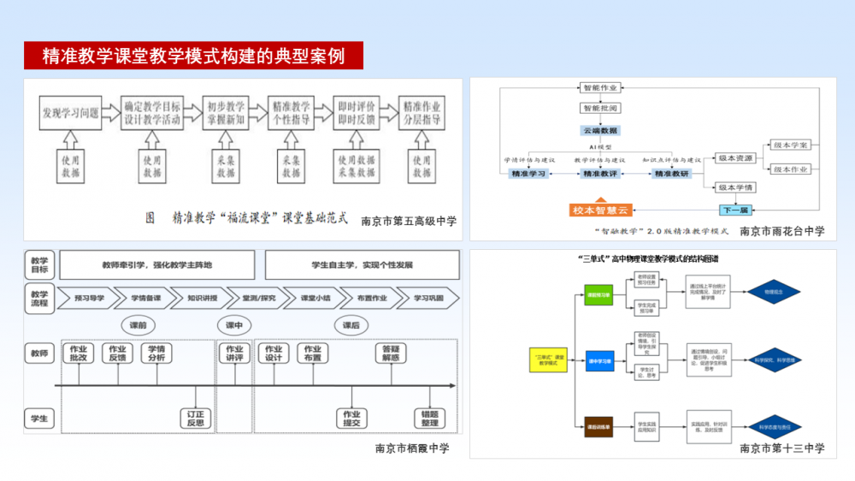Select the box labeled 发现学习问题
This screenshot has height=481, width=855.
coord(70,112)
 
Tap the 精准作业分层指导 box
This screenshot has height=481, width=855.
coord(422,112)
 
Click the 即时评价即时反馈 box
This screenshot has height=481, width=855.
coord(357,112)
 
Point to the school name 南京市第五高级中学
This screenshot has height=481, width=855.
coord(409,220)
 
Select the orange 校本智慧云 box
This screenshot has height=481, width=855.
coord(600,210)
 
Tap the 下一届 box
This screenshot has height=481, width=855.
coord(734,210)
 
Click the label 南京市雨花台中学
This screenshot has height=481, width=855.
coord(781,230)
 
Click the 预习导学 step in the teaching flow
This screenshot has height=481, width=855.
coord(90,298)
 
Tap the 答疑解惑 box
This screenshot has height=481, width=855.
coord(391,353)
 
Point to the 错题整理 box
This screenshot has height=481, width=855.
coord(429,419)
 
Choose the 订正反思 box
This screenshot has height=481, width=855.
coord(196,419)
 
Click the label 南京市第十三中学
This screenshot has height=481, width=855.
coord(781,448)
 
